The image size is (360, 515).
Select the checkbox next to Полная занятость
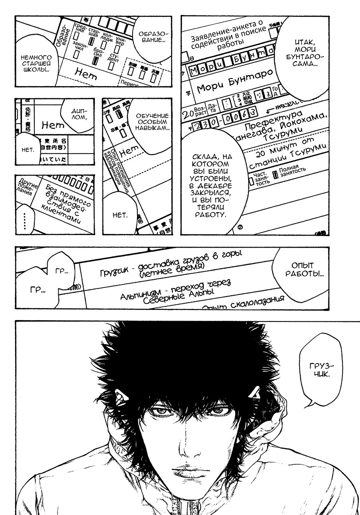pyautogui.click(x=276, y=174)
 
